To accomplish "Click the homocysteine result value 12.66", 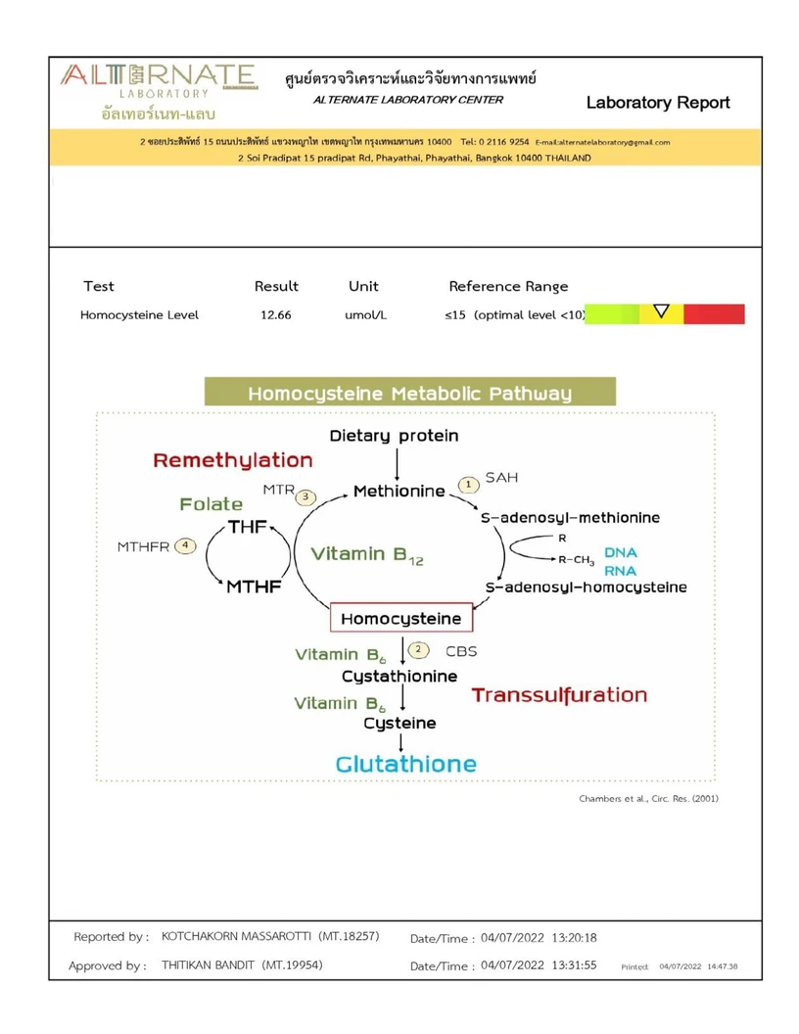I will click(x=276, y=315).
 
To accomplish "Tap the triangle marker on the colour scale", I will click(x=661, y=312).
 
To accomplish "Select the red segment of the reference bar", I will click(x=714, y=314).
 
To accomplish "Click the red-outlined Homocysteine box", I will click(x=401, y=619).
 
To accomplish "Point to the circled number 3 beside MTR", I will click(x=307, y=496).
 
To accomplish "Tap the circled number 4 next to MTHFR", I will click(x=185, y=545).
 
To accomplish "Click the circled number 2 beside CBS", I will click(x=419, y=648).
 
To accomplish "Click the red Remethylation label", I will click(x=233, y=460).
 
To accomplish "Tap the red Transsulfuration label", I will click(x=559, y=695).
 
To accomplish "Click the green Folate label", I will click(x=211, y=504).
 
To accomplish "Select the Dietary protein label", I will click(x=394, y=436).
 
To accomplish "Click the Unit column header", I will click(x=363, y=287).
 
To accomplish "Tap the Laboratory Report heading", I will click(x=658, y=103).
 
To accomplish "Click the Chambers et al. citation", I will click(x=648, y=799).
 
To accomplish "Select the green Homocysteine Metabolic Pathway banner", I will click(x=409, y=394).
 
